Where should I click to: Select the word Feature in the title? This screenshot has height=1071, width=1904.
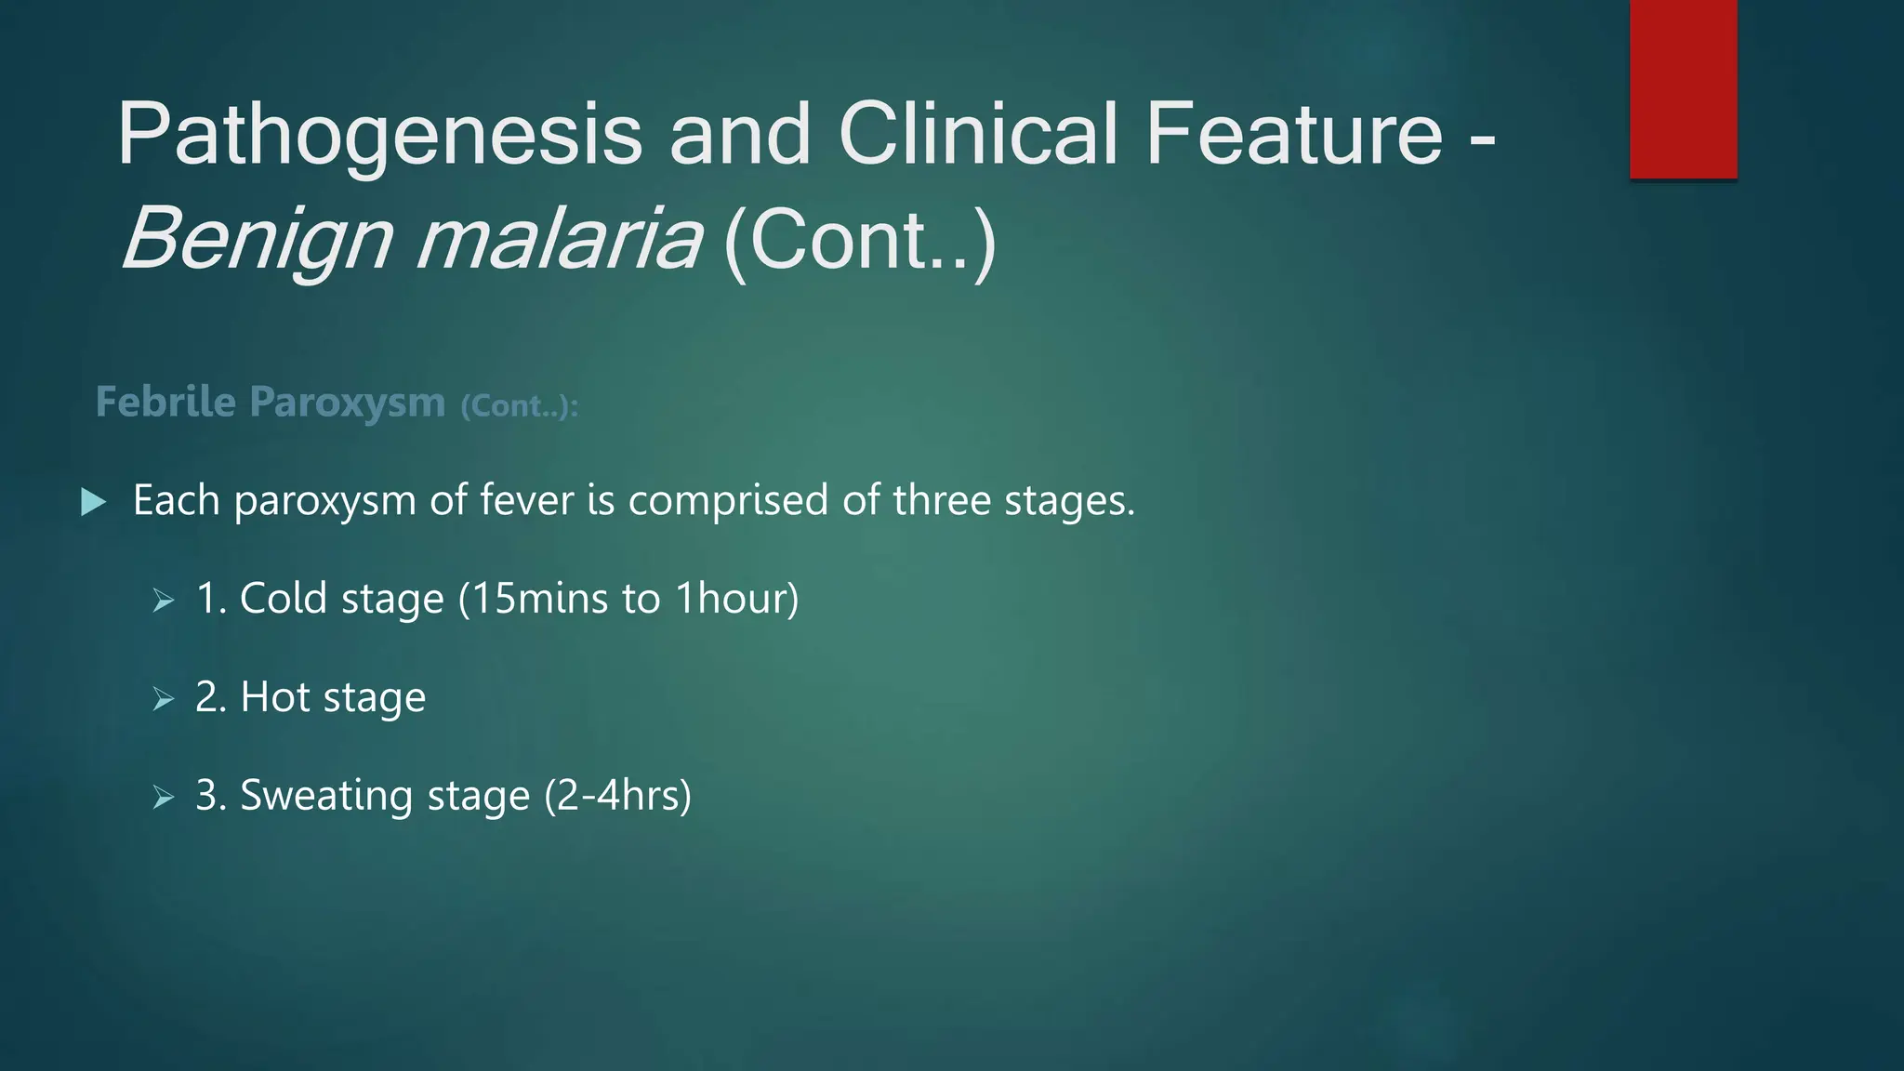1293,134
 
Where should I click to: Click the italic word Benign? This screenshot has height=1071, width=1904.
257,240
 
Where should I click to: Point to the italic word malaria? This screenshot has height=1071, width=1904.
558,240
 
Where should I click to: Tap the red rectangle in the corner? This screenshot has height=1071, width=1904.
1683,89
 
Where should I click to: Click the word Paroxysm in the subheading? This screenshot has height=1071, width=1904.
348,403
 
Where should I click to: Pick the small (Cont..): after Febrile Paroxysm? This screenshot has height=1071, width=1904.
520,405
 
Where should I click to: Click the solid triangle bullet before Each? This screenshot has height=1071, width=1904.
93,502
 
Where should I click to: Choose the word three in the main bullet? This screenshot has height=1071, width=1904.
942,500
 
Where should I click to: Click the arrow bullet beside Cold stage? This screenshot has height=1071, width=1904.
164,601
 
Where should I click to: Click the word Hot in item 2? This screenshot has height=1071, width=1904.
274,697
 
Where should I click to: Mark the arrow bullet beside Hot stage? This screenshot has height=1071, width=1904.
164,699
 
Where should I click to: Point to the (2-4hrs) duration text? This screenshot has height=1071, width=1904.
617,796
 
